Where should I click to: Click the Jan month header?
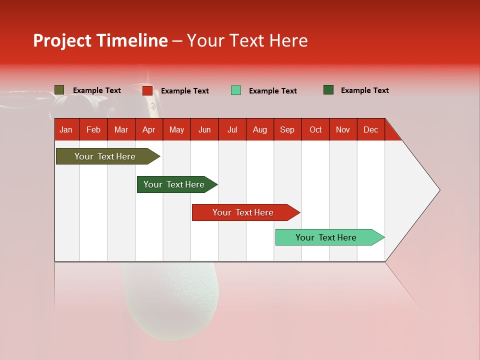click(x=66, y=129)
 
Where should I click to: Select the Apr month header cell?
click(x=148, y=129)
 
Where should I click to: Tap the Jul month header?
click(x=232, y=129)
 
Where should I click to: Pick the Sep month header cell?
click(x=287, y=129)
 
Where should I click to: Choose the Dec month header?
click(x=370, y=129)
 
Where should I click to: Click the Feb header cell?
click(x=93, y=129)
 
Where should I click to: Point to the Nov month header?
click(x=343, y=129)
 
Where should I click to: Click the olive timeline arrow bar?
click(x=105, y=156)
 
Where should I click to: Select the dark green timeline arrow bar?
click(x=174, y=184)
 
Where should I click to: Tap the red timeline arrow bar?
click(x=243, y=212)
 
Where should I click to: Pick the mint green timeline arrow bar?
click(x=326, y=237)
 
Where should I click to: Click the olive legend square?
click(x=59, y=90)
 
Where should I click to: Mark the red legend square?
click(x=147, y=90)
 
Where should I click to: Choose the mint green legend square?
click(x=236, y=90)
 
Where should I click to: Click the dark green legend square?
click(x=328, y=90)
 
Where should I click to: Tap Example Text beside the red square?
click(x=185, y=91)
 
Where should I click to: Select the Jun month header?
click(x=204, y=129)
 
